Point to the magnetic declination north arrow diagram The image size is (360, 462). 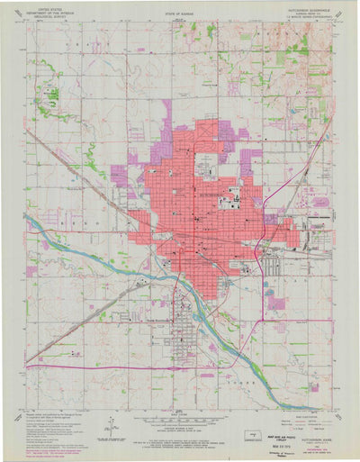[x=106, y=423]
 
